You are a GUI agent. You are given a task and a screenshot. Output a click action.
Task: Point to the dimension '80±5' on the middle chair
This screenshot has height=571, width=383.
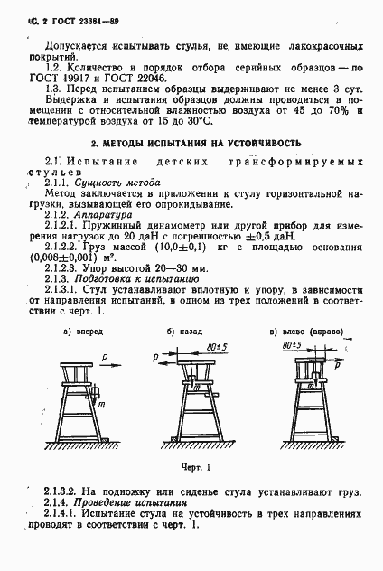(x=217, y=344)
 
